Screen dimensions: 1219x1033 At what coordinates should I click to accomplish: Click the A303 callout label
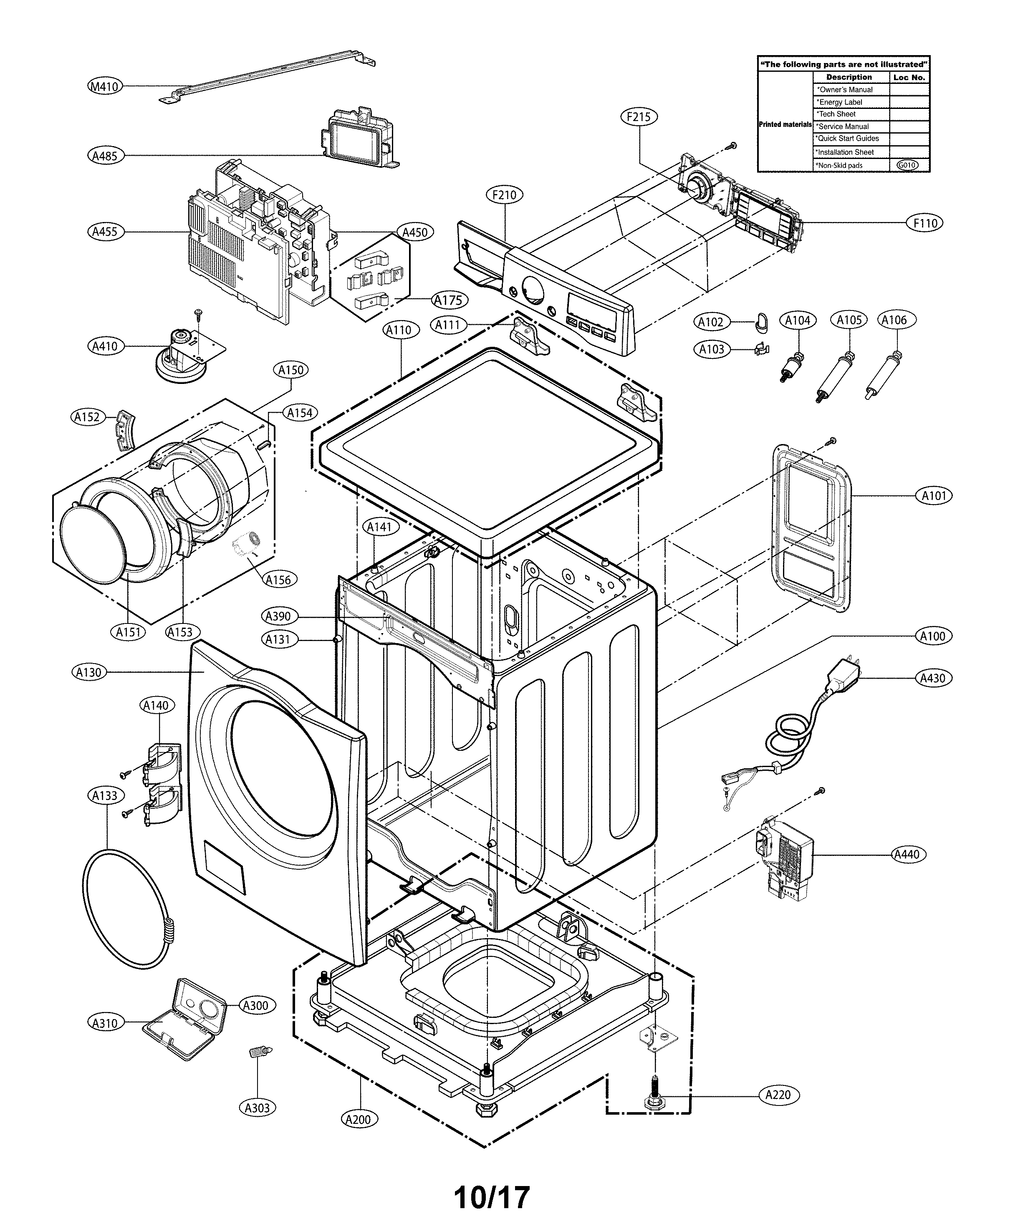coord(257,1108)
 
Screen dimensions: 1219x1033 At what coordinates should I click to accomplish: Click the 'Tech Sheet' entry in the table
coord(837,114)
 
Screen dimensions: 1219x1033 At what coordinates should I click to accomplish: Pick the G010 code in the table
coord(907,165)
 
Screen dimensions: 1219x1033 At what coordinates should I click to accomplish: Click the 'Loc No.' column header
coord(909,77)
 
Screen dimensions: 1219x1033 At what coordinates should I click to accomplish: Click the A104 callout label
coord(797,320)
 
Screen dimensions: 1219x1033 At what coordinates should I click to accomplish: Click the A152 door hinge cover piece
coord(125,429)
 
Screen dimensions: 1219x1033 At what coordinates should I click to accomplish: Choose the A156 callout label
coord(278,580)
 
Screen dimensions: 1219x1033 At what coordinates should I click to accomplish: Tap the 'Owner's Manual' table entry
coord(846,90)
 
